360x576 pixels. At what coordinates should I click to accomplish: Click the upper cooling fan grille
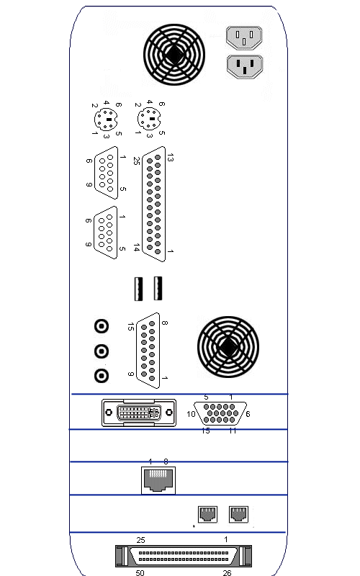[x=174, y=55]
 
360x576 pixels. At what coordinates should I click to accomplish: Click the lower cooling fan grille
[x=228, y=347]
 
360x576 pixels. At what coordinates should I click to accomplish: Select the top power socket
[x=244, y=37]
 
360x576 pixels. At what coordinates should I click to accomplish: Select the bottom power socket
[x=245, y=66]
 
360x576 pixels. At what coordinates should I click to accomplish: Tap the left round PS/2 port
[x=106, y=120]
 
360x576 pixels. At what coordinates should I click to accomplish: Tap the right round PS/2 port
[x=149, y=119]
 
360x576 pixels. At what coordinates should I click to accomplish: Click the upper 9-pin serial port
[x=106, y=173]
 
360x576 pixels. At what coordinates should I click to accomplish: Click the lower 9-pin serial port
[x=105, y=233]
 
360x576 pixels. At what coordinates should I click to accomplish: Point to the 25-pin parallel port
[x=153, y=204]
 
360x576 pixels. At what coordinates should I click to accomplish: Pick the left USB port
[x=138, y=289]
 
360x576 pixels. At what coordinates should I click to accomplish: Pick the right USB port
[x=158, y=289]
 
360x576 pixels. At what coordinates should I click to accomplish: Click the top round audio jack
[x=102, y=326]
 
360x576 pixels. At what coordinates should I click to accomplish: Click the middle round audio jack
[x=102, y=351]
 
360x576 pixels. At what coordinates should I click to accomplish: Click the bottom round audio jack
[x=102, y=376]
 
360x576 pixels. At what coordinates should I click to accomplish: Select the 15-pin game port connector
[x=148, y=351]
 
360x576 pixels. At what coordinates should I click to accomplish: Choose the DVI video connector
[x=139, y=413]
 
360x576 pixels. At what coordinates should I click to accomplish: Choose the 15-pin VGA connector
[x=220, y=413]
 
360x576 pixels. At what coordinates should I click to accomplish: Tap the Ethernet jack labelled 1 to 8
[x=158, y=480]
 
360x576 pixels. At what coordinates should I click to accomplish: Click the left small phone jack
[x=207, y=514]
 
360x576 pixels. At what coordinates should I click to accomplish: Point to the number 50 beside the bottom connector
[x=140, y=572]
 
